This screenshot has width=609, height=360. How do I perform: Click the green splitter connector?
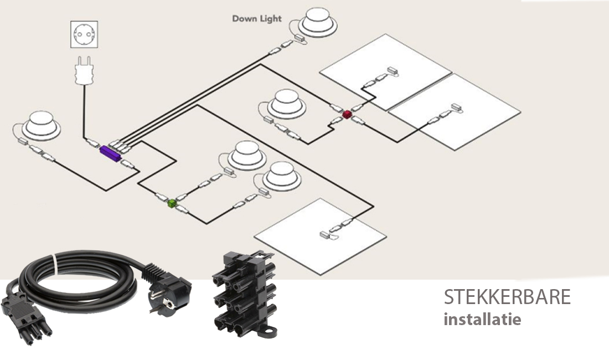[172, 203]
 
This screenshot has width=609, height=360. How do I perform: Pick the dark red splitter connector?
[347, 114]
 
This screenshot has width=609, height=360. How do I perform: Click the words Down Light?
[256, 19]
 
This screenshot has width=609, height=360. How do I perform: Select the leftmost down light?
[41, 124]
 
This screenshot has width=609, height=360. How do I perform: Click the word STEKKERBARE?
[507, 297]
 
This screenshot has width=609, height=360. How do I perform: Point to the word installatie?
[482, 320]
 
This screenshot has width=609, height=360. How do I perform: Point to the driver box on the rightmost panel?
[456, 106]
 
